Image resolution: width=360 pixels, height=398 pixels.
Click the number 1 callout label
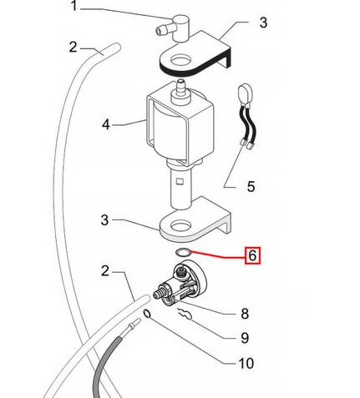pyautogui.click(x=74, y=6)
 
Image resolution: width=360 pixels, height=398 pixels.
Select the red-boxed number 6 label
pyautogui.click(x=252, y=255)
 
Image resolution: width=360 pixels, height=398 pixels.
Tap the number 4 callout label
pyautogui.click(x=106, y=124)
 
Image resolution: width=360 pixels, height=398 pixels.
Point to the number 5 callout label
pyautogui.click(x=251, y=186)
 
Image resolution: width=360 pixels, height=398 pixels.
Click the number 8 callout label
pyautogui.click(x=245, y=314)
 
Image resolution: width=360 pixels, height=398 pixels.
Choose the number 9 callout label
pyautogui.click(x=245, y=338)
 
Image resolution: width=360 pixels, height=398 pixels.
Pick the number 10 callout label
pyautogui.click(x=246, y=363)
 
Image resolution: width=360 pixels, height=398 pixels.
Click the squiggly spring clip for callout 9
pyautogui.click(x=185, y=315)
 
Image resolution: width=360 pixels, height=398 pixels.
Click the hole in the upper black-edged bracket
pyautogui.click(x=181, y=59)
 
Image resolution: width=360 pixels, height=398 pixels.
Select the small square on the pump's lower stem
pyautogui.click(x=180, y=182)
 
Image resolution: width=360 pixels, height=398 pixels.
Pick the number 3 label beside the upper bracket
pyautogui.click(x=263, y=23)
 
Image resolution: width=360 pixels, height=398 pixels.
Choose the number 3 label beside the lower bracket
pyautogui.click(x=104, y=219)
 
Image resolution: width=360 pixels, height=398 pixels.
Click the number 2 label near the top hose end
pyautogui.click(x=73, y=47)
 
